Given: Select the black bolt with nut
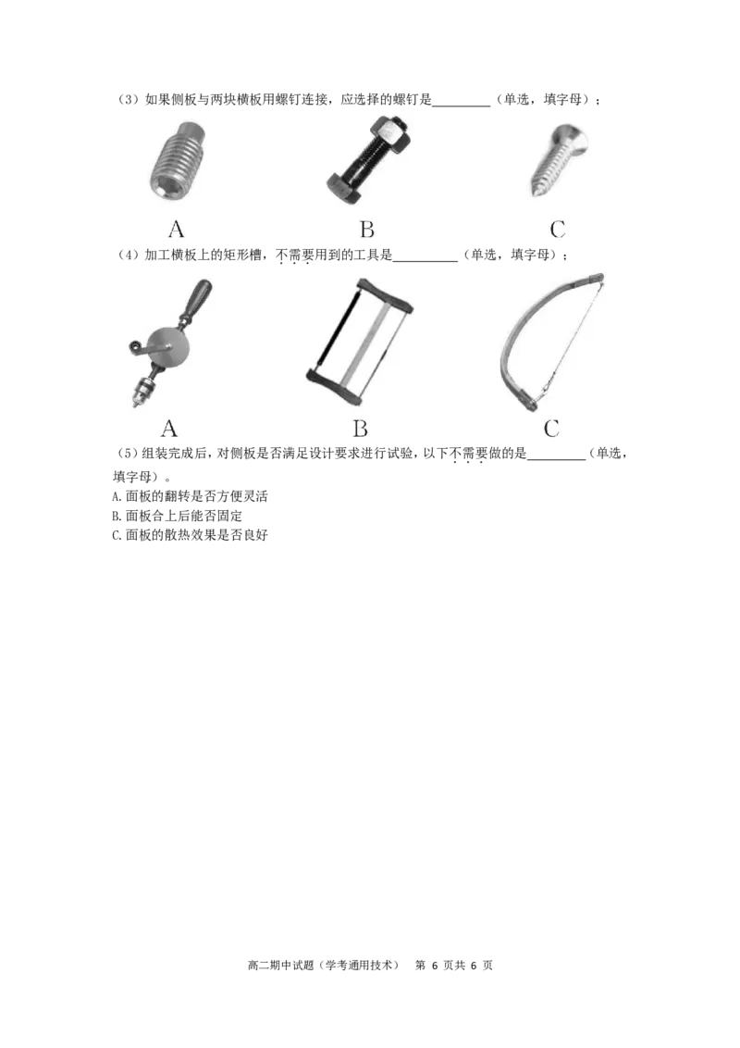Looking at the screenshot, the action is [x=368, y=160].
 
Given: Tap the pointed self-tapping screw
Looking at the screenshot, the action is [x=559, y=159].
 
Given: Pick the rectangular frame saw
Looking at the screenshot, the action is [x=359, y=341].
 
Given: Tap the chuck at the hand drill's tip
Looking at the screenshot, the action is [x=143, y=391].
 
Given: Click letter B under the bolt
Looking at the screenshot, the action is [x=366, y=230].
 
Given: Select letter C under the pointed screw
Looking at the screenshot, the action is [x=558, y=230].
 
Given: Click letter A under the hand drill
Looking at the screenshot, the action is [x=169, y=429].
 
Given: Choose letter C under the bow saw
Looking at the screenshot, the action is [x=551, y=429].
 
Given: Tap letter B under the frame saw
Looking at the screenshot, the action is [x=360, y=429].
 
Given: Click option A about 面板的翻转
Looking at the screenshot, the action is [x=191, y=496].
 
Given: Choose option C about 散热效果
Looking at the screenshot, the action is [x=191, y=535].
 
